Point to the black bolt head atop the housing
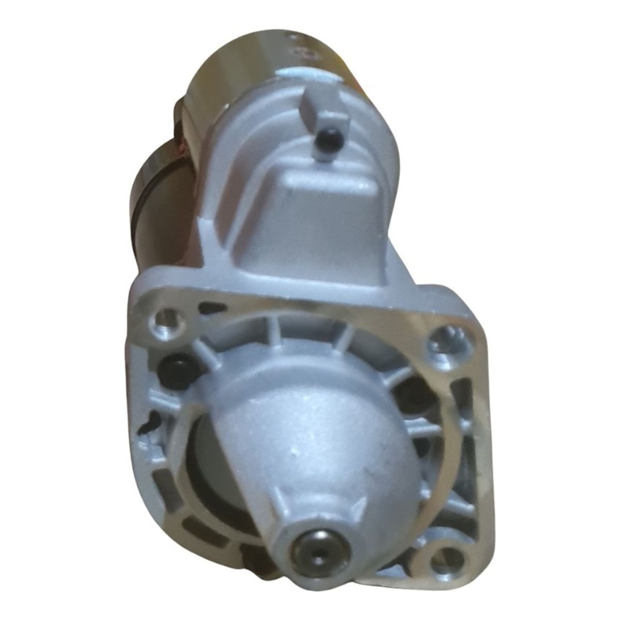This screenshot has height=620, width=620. [x=330, y=139]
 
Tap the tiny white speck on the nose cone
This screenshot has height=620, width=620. [x=295, y=451]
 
